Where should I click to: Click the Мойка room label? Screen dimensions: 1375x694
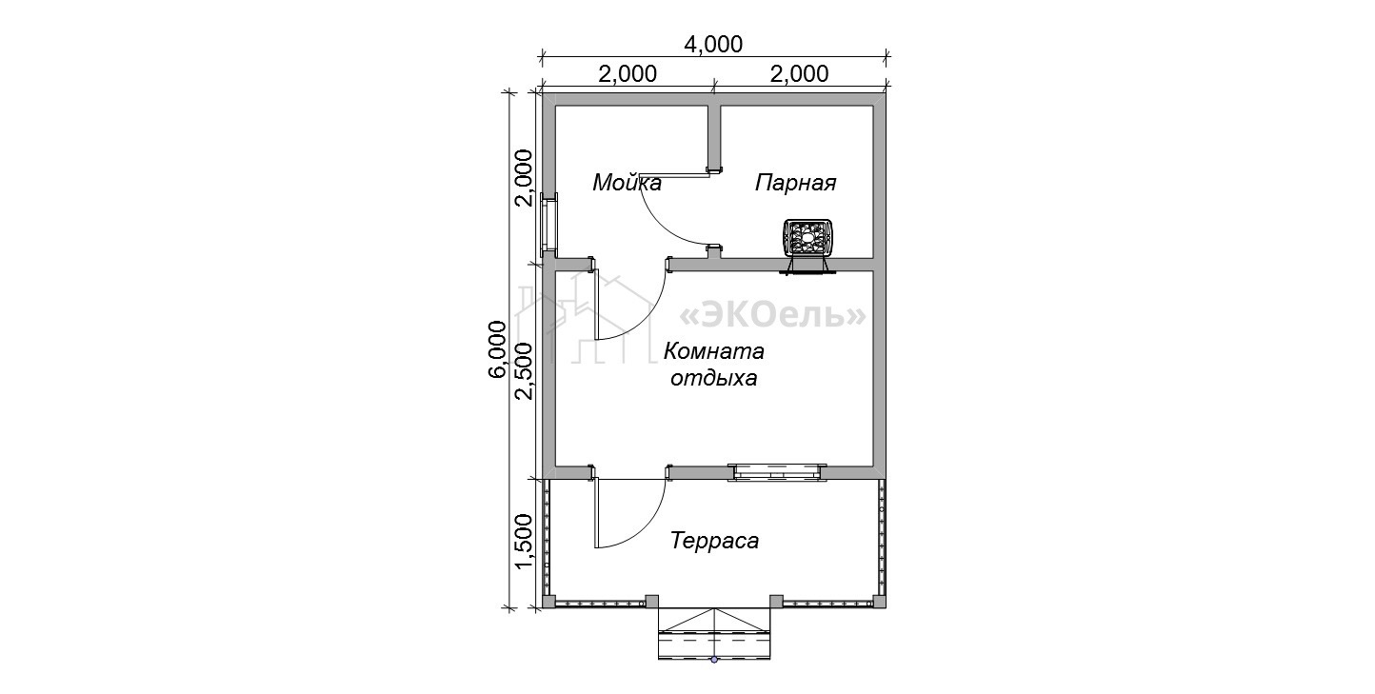click(627, 183)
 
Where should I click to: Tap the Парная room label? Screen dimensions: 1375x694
click(795, 183)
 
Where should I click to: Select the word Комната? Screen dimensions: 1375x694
click(714, 351)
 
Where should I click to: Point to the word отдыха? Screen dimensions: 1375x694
click(714, 378)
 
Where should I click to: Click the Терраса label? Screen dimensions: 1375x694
click(714, 541)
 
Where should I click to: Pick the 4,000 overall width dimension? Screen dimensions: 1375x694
click(713, 44)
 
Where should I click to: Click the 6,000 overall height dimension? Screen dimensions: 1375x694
click(498, 349)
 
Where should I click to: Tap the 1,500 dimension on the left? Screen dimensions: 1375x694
click(525, 542)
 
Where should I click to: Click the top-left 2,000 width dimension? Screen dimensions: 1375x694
click(628, 74)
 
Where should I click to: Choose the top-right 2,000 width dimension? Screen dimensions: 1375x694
click(799, 74)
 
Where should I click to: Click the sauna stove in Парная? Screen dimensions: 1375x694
click(807, 246)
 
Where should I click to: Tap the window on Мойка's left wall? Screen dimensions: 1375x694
click(119, 226)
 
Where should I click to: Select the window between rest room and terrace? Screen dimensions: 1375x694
click(777, 472)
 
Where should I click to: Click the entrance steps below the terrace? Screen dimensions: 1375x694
click(714, 633)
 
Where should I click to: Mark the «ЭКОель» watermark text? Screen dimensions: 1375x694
click(772, 315)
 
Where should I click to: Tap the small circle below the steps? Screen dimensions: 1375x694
click(714, 660)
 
